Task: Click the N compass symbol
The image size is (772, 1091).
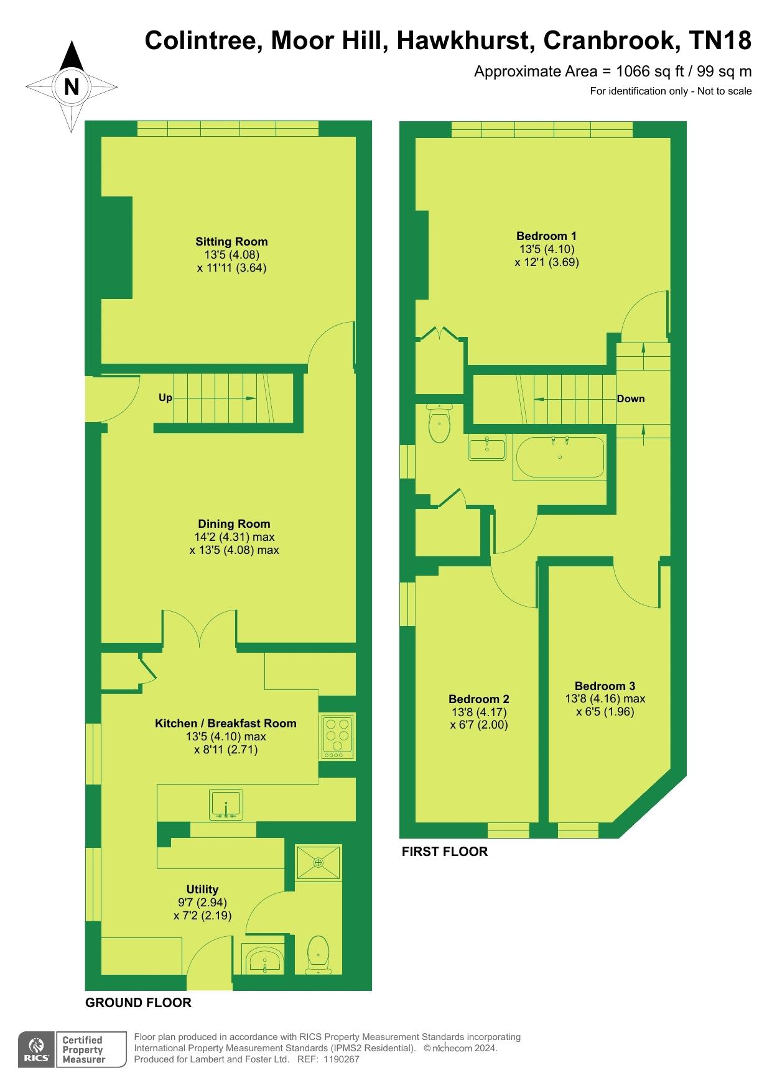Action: coord(72,86)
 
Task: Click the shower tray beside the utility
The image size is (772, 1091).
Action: coord(319,862)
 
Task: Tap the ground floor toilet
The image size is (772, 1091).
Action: coord(319,954)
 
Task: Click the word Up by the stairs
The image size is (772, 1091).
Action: coord(165,398)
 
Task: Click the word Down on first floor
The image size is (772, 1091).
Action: coord(631,399)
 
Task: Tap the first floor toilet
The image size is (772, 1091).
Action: coord(439,423)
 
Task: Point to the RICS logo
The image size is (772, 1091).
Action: coord(37,1050)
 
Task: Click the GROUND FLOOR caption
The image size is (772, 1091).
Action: coord(138,1003)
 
